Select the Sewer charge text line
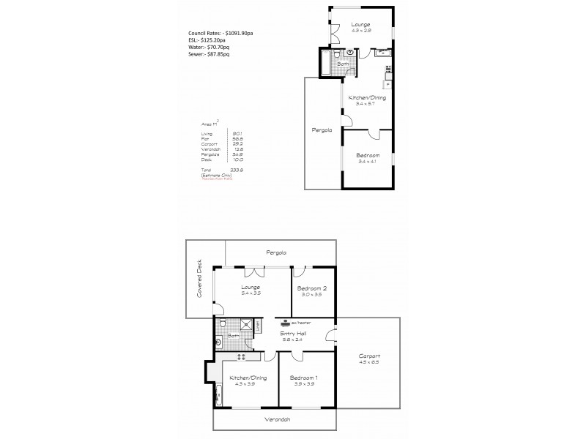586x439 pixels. [209, 54]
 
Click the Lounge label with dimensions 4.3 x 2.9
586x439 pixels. [360, 27]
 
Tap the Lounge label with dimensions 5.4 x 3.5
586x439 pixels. [251, 290]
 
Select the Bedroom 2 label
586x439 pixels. [312, 290]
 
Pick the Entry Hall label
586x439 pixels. [294, 336]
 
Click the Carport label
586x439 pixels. [370, 358]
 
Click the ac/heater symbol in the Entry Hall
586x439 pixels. [285, 322]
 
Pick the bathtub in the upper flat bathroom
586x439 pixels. [327, 64]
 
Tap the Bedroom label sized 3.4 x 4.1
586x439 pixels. [368, 158]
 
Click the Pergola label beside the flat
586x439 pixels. [322, 130]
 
